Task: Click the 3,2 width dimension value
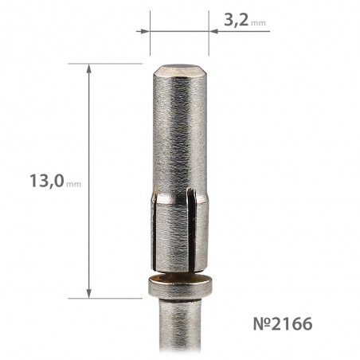pos(237,20)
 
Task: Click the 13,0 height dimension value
pos(47,181)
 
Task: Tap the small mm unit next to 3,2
pos(258,23)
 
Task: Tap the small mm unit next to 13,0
pos(73,184)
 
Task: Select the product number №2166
pos(283,323)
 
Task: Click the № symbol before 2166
pos(262,323)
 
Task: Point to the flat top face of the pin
pos(179,68)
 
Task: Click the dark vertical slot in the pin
pos(191,229)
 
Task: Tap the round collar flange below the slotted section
pos(180,287)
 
